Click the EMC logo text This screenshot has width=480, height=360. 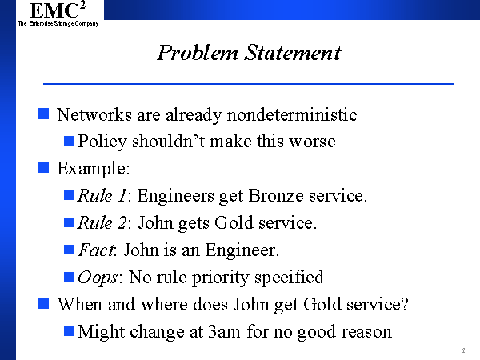(x=58, y=10)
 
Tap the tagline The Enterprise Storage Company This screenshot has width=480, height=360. (x=58, y=23)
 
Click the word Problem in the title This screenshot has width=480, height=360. (x=198, y=53)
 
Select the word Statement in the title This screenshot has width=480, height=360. (x=293, y=53)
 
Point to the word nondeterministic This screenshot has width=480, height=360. (x=292, y=114)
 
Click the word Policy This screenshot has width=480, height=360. (x=102, y=142)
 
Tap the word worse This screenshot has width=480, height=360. (x=313, y=142)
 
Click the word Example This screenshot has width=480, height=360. (x=94, y=169)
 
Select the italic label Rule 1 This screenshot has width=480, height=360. (x=102, y=195)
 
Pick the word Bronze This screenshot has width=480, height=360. (x=276, y=195)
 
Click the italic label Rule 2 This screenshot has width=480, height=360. (x=102, y=222)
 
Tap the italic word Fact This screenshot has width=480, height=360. (x=97, y=250)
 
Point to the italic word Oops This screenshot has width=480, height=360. (x=98, y=278)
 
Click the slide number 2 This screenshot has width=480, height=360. (x=463, y=350)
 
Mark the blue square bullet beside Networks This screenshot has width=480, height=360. (x=43, y=114)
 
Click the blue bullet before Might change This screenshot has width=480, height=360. (x=69, y=331)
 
